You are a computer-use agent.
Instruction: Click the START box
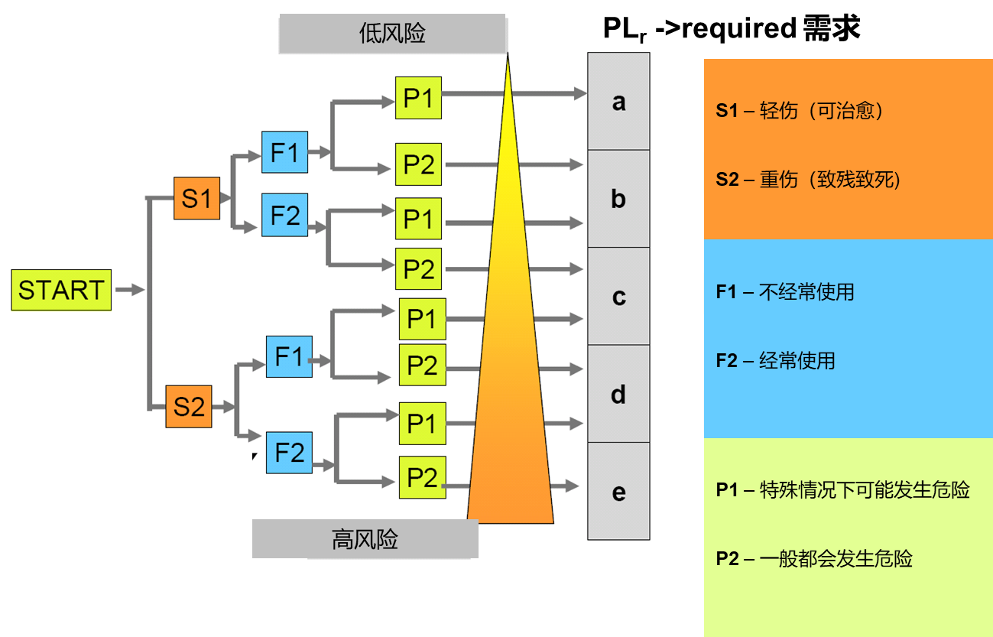61,290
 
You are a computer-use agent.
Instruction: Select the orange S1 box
196,199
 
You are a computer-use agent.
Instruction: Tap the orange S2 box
189,406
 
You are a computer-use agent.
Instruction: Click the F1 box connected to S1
284,153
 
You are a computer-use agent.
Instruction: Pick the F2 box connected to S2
289,453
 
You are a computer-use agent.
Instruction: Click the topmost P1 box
418,98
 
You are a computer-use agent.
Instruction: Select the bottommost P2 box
422,477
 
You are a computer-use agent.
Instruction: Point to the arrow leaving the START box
130,290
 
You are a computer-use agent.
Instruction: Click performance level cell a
618,102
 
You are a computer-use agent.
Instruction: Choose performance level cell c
618,297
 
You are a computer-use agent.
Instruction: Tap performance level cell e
618,492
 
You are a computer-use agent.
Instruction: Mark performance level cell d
618,395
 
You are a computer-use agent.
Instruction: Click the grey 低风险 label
392,34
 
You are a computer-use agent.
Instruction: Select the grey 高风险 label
365,539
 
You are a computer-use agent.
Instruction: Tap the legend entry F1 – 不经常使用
785,291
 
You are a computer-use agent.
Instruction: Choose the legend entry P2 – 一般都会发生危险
814,559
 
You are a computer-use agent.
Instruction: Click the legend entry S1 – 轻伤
800,111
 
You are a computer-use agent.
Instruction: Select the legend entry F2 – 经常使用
775,360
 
